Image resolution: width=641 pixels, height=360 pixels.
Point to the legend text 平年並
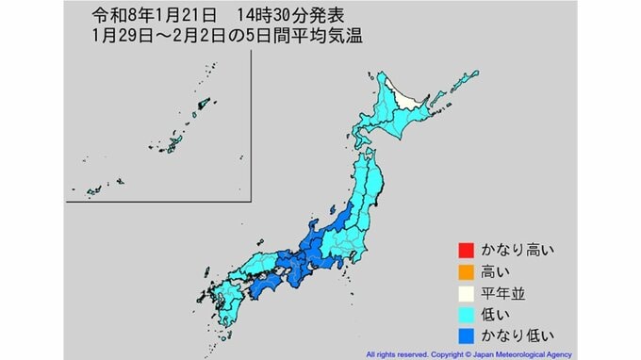(497, 292)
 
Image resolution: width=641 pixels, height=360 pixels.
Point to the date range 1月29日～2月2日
(152, 38)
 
